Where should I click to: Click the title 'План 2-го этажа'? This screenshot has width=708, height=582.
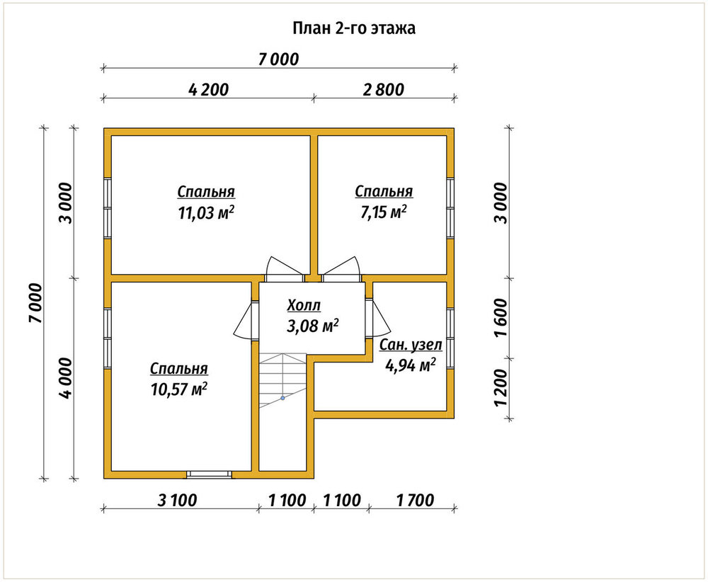354,28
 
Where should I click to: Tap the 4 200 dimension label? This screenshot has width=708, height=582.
209,89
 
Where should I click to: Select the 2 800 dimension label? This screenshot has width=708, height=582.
383,89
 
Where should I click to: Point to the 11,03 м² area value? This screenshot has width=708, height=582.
206,212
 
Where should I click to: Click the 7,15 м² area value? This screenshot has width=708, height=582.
383,212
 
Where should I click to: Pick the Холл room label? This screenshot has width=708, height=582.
304,306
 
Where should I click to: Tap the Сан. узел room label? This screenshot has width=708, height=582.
411,345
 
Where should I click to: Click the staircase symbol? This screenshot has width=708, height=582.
282,381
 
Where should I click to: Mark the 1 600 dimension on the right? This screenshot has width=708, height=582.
501,318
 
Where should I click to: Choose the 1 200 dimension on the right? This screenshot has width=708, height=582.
501,388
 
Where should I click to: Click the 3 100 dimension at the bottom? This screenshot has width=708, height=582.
177,501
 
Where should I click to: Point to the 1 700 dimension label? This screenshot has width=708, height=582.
415,501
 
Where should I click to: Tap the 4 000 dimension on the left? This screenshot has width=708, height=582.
66,378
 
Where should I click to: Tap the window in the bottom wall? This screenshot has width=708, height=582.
209,474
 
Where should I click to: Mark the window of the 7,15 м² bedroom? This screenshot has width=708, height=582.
450,207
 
